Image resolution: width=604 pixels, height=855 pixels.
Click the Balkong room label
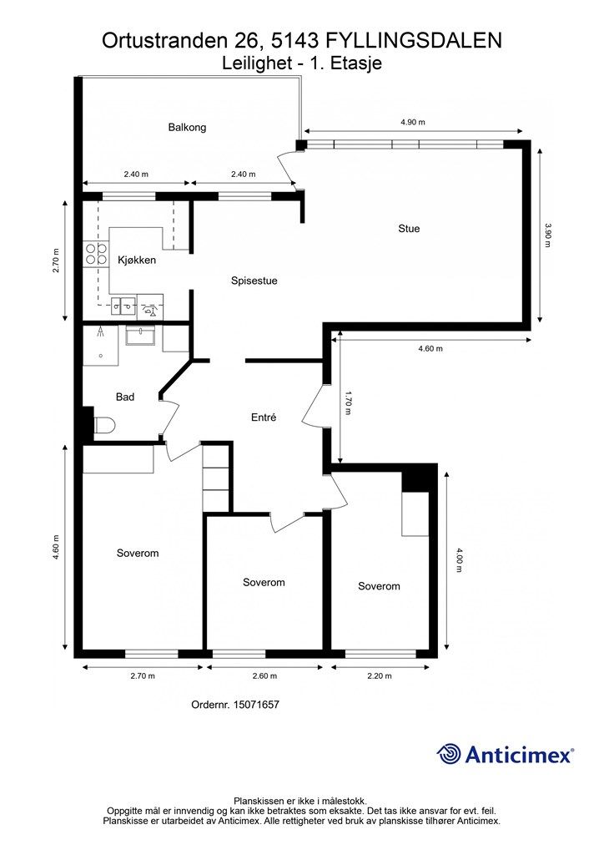(x=187, y=128)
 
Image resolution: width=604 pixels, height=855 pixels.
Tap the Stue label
(x=409, y=229)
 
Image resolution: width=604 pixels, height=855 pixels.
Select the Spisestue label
(x=254, y=281)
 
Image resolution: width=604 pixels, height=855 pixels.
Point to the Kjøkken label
(x=137, y=261)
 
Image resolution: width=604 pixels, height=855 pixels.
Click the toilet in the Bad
(x=103, y=425)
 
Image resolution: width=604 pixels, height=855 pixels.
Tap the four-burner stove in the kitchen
(x=96, y=254)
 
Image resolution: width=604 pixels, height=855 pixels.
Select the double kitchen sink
(x=123, y=306)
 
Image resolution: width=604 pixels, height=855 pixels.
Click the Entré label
(x=264, y=417)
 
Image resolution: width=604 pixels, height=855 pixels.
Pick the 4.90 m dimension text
(x=412, y=122)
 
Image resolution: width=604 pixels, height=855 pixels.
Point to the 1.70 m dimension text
(x=348, y=402)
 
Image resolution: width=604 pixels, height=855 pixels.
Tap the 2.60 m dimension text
(x=264, y=676)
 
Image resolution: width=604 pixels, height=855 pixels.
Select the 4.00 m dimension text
(x=459, y=560)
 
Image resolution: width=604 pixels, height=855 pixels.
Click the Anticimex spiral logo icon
(x=449, y=754)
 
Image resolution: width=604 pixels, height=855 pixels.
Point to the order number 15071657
(x=256, y=705)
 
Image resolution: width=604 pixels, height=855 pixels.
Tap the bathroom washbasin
(x=141, y=335)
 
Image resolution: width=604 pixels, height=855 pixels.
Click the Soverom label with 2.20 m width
(x=379, y=586)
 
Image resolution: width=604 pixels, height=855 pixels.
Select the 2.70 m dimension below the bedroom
(x=143, y=676)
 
